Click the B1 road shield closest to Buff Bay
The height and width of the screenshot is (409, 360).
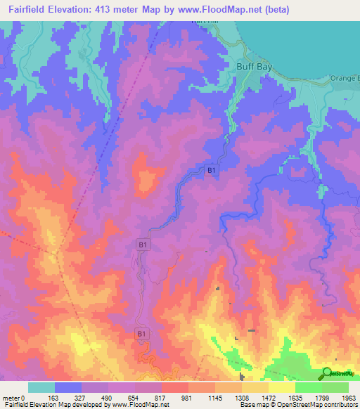[x=211, y=170]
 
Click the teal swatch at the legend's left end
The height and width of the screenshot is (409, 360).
[x=41, y=387]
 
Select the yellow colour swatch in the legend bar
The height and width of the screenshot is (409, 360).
[x=281, y=387]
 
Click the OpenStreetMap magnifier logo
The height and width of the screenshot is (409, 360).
[x=327, y=374]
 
